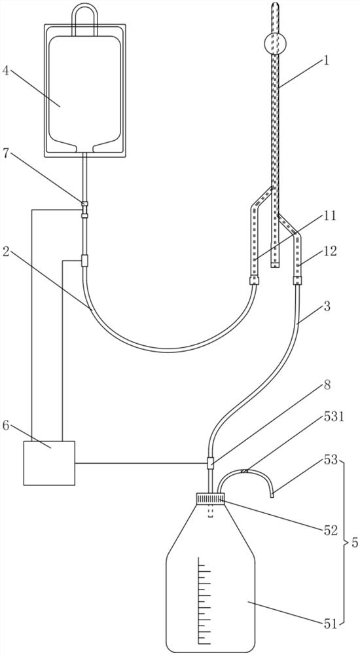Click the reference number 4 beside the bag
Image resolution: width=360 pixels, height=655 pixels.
[x=7, y=71]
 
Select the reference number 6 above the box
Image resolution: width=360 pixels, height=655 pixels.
[x=7, y=427]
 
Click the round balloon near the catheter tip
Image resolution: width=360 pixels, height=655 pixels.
[x=275, y=43]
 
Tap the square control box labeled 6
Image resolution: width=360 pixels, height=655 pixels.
[x=49, y=463]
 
